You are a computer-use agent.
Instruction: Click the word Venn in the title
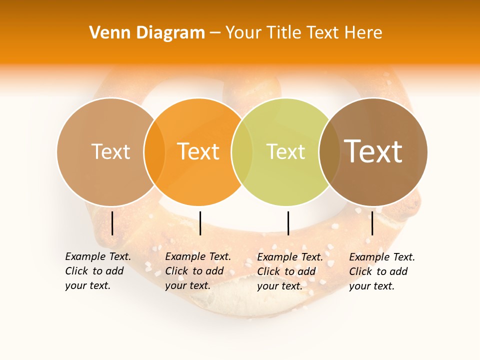point(106,33)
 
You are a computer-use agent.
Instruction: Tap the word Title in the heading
point(284,33)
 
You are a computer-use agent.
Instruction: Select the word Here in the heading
point(364,33)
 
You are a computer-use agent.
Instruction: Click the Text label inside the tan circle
point(110,151)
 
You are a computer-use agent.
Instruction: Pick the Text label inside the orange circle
point(198,151)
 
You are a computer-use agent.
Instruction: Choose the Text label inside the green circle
point(285,151)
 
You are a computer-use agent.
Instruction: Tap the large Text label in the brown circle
point(373,151)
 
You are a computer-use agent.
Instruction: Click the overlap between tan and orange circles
point(154,151)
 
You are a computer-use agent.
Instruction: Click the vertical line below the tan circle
point(112,223)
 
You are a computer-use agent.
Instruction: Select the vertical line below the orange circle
point(200,223)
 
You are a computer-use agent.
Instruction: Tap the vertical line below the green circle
point(288,223)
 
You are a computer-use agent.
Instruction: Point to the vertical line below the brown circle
point(372,223)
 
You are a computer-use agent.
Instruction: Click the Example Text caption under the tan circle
point(97,271)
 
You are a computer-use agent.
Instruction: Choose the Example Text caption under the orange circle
point(197,271)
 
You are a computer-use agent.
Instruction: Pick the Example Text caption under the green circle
point(289,271)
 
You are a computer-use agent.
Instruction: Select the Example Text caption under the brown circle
point(381,271)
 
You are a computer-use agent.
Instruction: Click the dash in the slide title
point(215,33)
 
